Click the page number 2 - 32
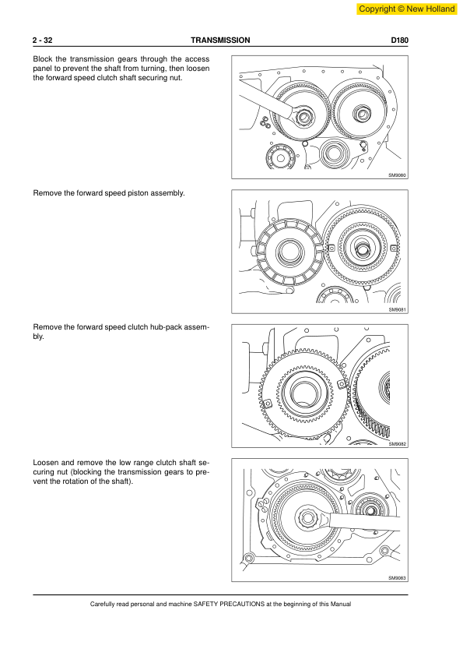pyautogui.click(x=42, y=41)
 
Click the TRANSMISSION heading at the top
pyautogui.click(x=220, y=41)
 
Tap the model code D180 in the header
pyautogui.click(x=399, y=41)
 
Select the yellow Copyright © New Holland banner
pyautogui.click(x=407, y=9)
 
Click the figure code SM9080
pyautogui.click(x=397, y=175)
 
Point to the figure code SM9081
pyautogui.click(x=397, y=309)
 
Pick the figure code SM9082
pyautogui.click(x=397, y=444)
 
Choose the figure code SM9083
pyautogui.click(x=397, y=578)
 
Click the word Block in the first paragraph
pyautogui.click(x=42, y=59)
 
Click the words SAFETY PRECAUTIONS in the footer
pyautogui.click(x=229, y=604)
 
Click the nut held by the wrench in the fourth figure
pyautogui.click(x=308, y=518)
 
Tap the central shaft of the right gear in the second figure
pyautogui.click(x=360, y=250)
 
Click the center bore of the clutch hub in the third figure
pyautogui.click(x=304, y=394)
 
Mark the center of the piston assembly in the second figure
pyautogui.click(x=289, y=252)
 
